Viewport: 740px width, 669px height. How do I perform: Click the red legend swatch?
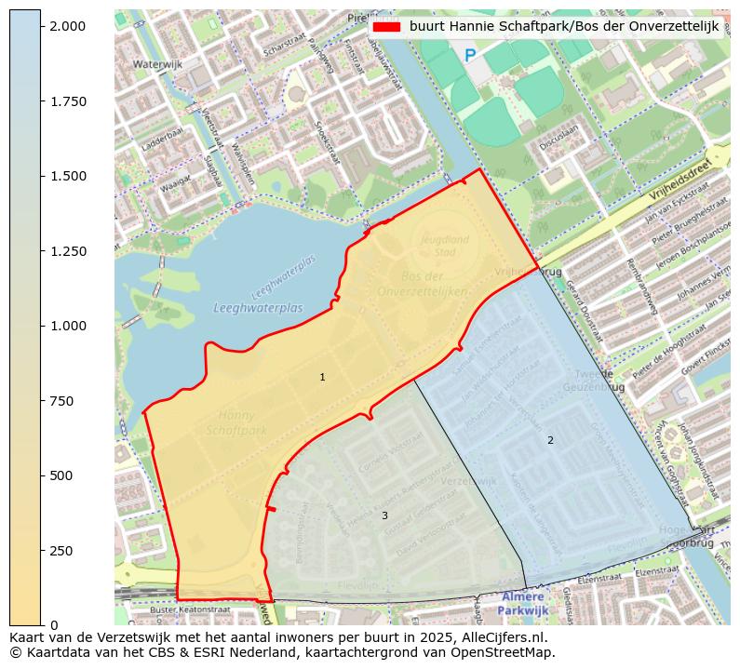(x=385, y=27)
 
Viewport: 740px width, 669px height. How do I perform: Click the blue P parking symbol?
(x=470, y=56)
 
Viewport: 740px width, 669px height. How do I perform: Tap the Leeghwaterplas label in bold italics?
(x=258, y=308)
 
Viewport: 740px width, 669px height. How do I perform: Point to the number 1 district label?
(x=322, y=377)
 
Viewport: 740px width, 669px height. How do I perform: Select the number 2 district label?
(x=550, y=440)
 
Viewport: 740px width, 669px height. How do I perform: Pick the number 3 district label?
(x=384, y=515)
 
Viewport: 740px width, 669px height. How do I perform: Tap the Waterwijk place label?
(x=157, y=64)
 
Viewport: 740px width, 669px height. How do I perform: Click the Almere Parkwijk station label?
(x=523, y=603)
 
